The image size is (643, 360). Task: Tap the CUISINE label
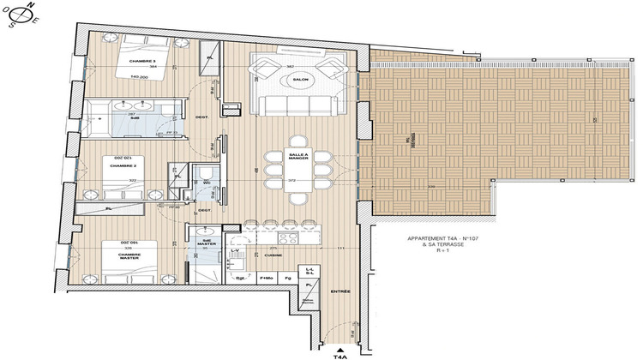[273, 255]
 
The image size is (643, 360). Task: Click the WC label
[207, 182]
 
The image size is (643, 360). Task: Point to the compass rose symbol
[20, 15]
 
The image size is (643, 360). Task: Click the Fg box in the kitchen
[290, 279]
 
